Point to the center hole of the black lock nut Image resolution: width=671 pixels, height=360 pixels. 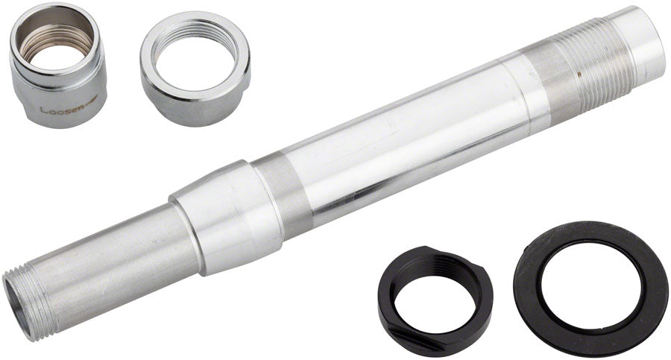coord(436,291)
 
